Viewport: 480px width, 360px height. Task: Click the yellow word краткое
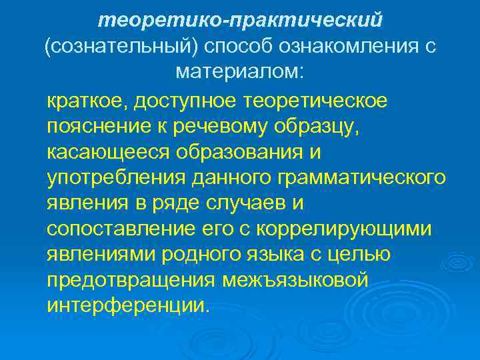[86, 103]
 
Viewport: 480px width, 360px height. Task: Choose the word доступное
[185, 103]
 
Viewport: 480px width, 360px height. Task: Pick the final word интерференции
[127, 304]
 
